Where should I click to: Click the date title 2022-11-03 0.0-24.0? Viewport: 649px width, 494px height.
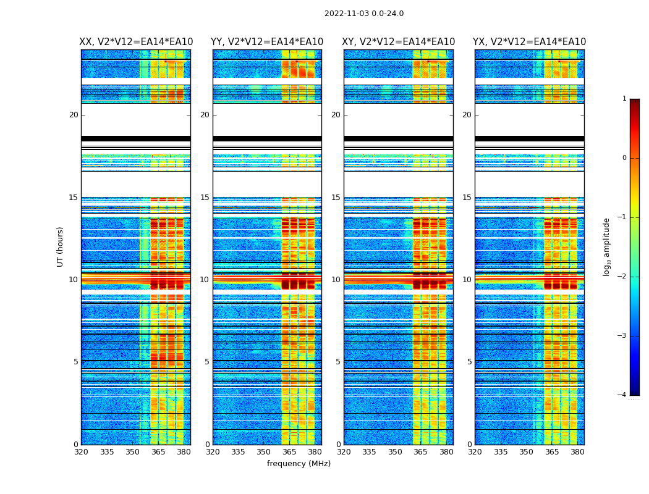[364, 14]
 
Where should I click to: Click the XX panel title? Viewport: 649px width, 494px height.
[136, 42]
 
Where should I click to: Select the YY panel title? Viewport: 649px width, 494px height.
[267, 42]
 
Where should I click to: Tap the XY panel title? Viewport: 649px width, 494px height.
[399, 42]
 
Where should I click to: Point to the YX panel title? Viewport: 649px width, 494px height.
[530, 42]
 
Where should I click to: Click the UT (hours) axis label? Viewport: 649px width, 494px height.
[61, 246]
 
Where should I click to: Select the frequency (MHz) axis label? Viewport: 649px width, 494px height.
[299, 464]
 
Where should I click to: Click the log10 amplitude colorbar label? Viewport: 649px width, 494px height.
[607, 246]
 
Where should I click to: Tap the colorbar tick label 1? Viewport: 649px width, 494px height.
[624, 99]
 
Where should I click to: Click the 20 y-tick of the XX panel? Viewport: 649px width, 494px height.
[74, 115]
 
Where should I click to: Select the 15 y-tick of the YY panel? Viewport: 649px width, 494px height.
[205, 198]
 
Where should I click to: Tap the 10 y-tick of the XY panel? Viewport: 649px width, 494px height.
[336, 280]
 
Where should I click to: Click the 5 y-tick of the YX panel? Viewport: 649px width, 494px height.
[469, 362]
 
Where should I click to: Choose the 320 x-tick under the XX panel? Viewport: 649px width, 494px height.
[81, 452]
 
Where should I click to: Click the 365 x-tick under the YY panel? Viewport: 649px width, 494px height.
[289, 452]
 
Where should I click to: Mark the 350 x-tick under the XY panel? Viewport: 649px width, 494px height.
[395, 452]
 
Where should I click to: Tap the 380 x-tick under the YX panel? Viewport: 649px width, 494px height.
[577, 452]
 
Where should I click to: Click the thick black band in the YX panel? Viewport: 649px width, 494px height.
[530, 138]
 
